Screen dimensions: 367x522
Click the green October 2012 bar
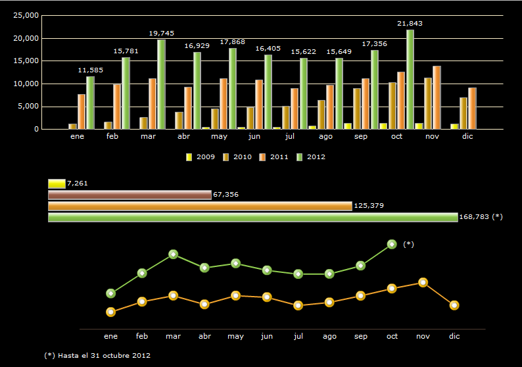coord(410,80)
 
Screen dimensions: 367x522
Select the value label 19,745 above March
coord(161,33)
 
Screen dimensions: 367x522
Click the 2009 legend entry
coord(202,157)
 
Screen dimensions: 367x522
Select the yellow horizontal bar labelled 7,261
coord(57,183)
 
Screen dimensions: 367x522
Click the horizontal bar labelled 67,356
coord(130,195)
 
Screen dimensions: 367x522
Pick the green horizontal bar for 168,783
coord(252,217)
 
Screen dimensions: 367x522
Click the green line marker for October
coord(392,244)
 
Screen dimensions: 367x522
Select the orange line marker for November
coord(423,282)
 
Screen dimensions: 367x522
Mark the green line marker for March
coord(173,254)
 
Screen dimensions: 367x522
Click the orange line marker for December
coord(454,305)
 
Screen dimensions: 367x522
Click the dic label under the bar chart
coord(467,137)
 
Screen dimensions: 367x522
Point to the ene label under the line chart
coord(110,336)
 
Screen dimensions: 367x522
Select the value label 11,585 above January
coord(90,70)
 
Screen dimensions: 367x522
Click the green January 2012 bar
coord(90,103)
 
